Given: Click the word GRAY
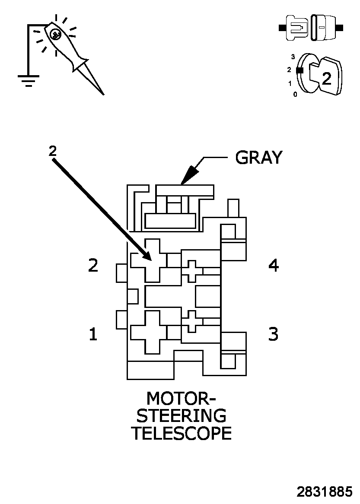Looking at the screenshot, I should pos(258,158).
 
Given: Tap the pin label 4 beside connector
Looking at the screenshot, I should pos(273,265).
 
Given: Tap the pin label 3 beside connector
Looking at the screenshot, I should pos(273,334).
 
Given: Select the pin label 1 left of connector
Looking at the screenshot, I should pos(93,334).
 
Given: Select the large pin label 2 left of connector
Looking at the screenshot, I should pos(93,265).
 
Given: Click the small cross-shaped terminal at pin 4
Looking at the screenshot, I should pos(192,271).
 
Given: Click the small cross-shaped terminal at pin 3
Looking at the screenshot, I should pos(192,321).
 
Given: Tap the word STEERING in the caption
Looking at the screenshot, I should pos(181,415).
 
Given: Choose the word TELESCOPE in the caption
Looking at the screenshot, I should pos(181,433).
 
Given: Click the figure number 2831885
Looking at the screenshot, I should pos(324,491).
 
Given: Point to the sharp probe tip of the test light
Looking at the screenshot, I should pos(103,93).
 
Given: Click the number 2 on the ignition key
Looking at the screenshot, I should pos(327,78).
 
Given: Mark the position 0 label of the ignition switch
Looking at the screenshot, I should pos(295,94).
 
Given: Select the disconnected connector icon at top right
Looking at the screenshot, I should pos(311,28).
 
